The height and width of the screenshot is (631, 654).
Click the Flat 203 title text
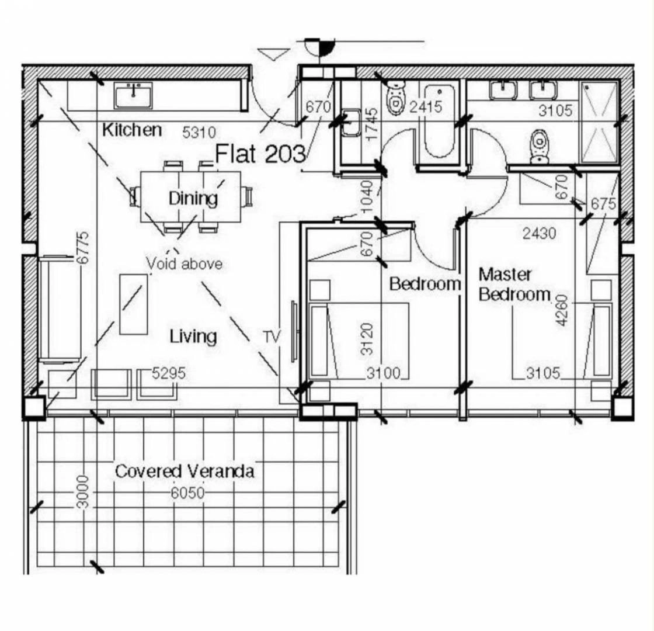pyautogui.click(x=260, y=154)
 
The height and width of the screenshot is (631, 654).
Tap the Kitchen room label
pyautogui.click(x=132, y=130)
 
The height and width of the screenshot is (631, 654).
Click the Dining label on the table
pyautogui.click(x=193, y=198)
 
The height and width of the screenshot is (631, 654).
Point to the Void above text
pyautogui.click(x=185, y=264)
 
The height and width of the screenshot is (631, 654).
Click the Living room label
pyautogui.click(x=193, y=337)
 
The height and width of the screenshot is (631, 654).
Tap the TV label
pyautogui.click(x=272, y=337)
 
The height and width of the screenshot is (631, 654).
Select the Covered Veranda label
pyautogui.click(x=185, y=471)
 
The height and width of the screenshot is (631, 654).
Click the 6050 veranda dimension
pyautogui.click(x=187, y=493)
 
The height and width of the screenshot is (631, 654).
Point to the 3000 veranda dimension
pyautogui.click(x=84, y=492)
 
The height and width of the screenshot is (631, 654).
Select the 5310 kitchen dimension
pyautogui.click(x=199, y=133)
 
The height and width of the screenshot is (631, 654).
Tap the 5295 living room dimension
pyautogui.click(x=169, y=373)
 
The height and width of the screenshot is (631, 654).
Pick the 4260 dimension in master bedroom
pyautogui.click(x=562, y=310)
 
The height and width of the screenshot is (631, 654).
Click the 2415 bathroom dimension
pyautogui.click(x=426, y=107)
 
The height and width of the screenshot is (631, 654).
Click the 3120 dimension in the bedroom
pyautogui.click(x=367, y=339)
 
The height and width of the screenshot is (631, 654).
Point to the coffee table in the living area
pyautogui.click(x=134, y=304)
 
